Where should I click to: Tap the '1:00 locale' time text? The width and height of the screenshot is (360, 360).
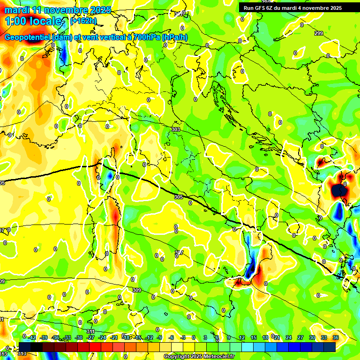coord(33,21)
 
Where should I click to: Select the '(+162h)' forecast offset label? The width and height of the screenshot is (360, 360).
coord(83,21)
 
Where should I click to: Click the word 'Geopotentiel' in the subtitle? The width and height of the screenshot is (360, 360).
coord(28,37)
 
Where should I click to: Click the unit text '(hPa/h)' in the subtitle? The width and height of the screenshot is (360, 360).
coord(175,37)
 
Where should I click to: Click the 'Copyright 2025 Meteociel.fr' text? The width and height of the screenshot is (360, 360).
coord(199,357)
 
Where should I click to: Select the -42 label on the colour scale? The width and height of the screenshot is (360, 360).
coord(32,337)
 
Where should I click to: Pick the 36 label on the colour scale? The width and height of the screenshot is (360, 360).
coord(336,337)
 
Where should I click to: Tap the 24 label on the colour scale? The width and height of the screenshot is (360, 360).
coord(289,337)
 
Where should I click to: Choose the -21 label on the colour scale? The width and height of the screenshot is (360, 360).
coord(114,337)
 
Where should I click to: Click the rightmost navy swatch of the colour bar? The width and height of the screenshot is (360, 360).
coord(329,346)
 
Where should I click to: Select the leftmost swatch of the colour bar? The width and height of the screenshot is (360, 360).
coord(25,346)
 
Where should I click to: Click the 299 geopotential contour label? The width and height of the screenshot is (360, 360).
coord(319,33)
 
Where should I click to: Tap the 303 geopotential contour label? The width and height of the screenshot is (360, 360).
coord(176,129)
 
